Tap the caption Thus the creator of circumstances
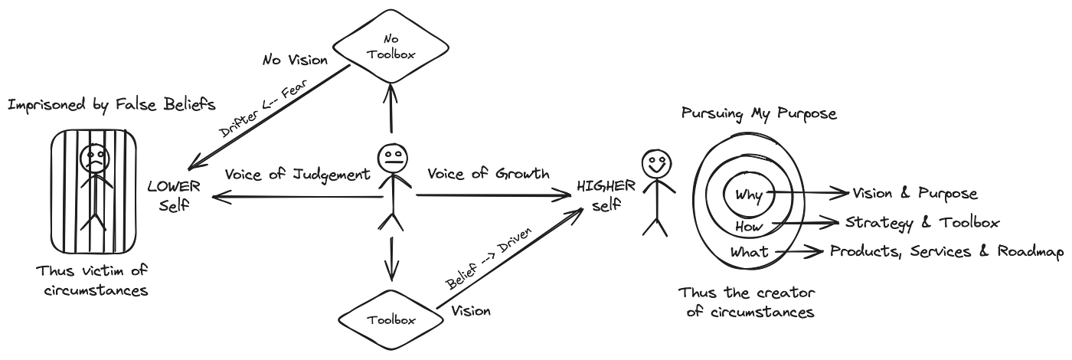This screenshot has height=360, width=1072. (747, 303)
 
